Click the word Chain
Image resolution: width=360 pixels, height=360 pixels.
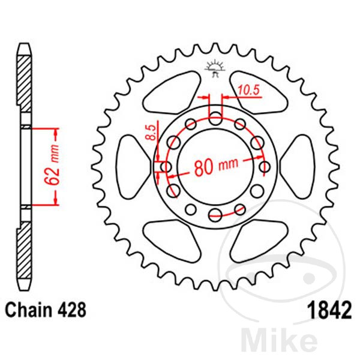point(28,311)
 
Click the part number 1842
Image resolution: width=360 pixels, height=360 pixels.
point(328,311)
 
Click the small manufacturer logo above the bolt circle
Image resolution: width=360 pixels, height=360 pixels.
point(214,68)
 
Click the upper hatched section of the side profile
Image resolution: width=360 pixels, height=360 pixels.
point(25,81)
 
